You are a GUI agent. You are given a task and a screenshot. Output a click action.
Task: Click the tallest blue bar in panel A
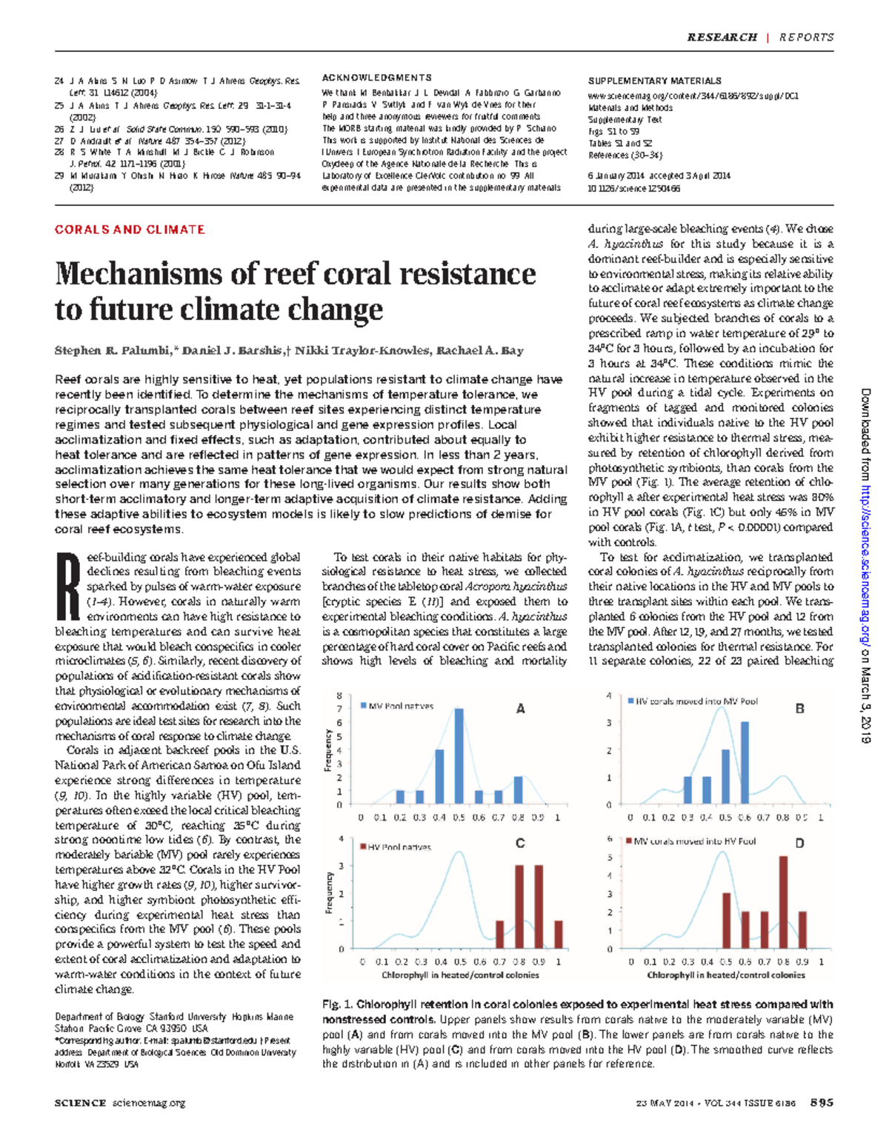459,756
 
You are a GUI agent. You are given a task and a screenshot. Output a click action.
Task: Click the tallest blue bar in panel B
745,763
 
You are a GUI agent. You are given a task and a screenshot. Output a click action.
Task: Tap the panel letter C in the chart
520,843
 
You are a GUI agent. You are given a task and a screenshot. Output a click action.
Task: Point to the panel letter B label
799,709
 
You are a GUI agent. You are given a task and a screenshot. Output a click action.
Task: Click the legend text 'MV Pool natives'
401,706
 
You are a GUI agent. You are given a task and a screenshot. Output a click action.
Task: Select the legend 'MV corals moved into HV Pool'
694,841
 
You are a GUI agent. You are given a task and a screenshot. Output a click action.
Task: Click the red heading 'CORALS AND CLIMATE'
130,230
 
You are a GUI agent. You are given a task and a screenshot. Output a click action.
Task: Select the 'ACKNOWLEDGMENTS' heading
376,78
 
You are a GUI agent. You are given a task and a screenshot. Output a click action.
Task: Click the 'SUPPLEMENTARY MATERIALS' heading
654,81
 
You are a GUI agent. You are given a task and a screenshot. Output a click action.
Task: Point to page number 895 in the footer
822,1103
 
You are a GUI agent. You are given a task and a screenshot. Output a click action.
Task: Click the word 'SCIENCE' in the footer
80,1103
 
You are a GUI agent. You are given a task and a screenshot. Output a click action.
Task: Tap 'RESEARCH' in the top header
721,37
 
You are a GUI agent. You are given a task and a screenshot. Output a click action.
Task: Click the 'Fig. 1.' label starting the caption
337,1005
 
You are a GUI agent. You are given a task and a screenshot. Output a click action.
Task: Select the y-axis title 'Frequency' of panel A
327,750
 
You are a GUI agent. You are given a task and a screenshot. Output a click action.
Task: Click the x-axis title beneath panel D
726,975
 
